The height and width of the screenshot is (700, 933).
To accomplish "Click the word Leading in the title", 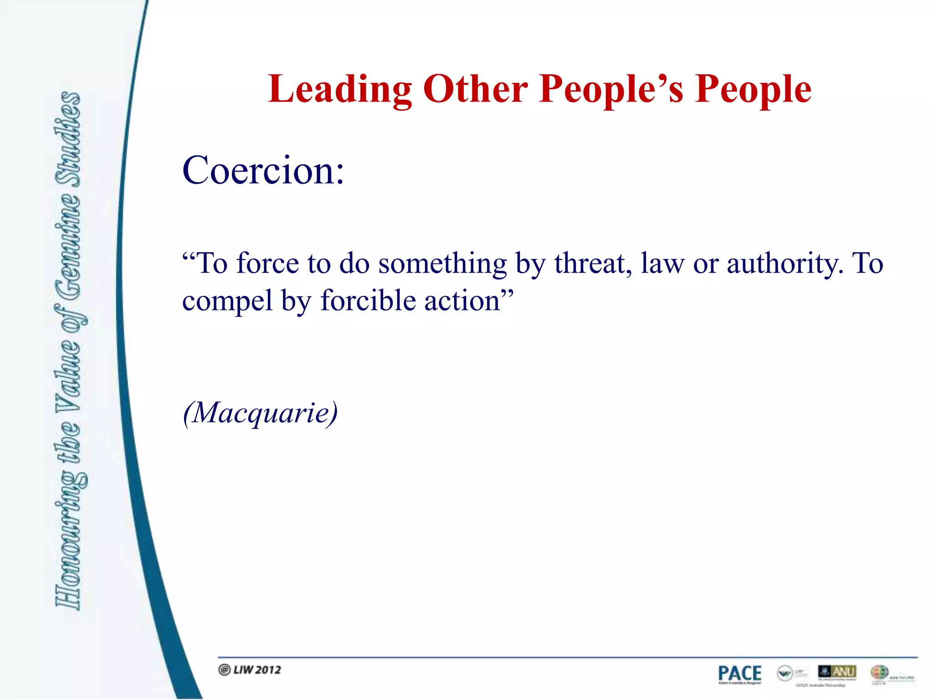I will (340, 90).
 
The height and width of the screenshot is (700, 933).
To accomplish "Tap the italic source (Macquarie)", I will (260, 413).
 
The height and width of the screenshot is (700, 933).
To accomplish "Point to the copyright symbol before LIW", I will (224, 669).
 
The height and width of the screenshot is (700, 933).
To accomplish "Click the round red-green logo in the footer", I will (879, 672).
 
